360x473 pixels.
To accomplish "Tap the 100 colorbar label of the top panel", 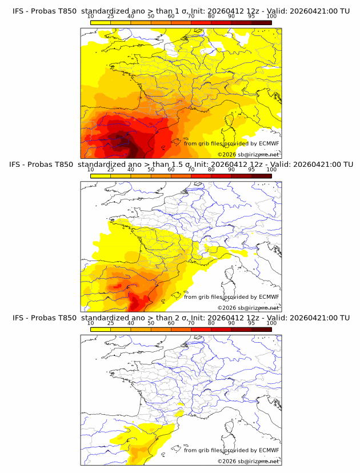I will [271, 16].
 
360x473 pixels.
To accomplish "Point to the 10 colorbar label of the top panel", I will [90, 16].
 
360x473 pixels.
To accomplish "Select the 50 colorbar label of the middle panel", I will [151, 170].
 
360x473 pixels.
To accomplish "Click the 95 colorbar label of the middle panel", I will [251, 170].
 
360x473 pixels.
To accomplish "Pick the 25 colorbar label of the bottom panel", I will [110, 323].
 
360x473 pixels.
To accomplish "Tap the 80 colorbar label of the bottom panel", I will [211, 323].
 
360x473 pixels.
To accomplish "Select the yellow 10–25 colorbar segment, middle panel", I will [100, 176].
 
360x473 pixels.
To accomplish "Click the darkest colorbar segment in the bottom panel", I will [261, 330].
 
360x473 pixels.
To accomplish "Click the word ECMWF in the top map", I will [269, 144].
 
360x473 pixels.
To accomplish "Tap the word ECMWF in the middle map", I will [269, 297].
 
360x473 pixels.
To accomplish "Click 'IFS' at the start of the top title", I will [18, 10].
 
